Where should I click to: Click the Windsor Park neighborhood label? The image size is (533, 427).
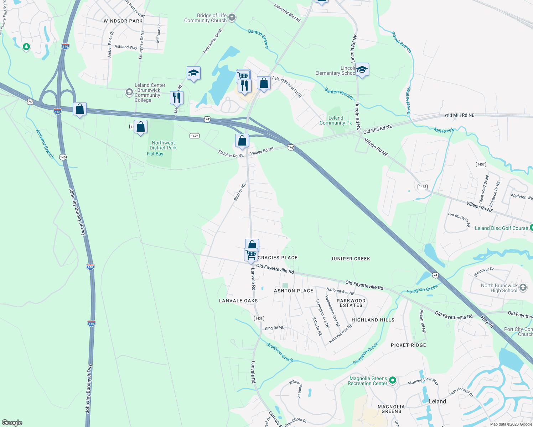click(123, 21)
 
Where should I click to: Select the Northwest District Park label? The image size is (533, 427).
click(163, 145)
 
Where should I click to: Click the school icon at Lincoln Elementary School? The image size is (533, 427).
click(362, 70)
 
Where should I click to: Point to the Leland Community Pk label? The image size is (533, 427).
click(336, 120)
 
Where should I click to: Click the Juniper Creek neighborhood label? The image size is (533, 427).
click(350, 259)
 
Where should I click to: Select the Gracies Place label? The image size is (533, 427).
click(278, 258)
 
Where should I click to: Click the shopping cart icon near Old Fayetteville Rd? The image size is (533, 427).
click(251, 254)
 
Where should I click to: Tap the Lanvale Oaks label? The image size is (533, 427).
click(238, 301)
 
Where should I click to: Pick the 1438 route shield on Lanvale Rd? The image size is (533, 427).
click(259, 318)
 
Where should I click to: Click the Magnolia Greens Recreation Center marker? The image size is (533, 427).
click(392, 380)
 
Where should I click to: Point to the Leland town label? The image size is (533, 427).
click(437, 401)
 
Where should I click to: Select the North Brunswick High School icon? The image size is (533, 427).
click(523, 287)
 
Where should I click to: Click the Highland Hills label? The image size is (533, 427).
click(373, 320)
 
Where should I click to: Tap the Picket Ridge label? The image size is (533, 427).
click(408, 345)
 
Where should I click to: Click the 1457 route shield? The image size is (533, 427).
click(481, 164)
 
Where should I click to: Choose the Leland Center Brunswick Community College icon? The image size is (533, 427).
click(129, 92)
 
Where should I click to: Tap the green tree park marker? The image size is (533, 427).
click(26, 47)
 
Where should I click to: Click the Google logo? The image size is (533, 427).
click(12, 423)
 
